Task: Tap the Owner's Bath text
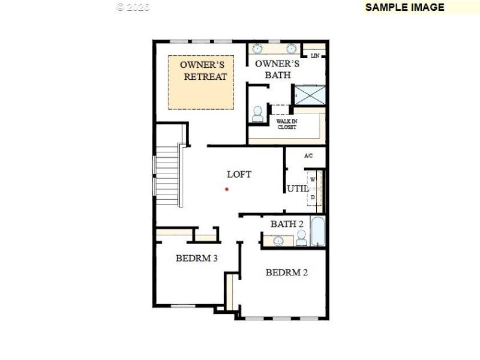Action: pyautogui.click(x=277, y=69)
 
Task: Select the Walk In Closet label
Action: pyautogui.click(x=286, y=124)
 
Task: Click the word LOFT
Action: pyautogui.click(x=239, y=175)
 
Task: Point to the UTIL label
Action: pyautogui.click(x=298, y=188)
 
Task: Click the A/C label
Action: pyautogui.click(x=308, y=156)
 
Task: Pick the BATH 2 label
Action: pyautogui.click(x=287, y=224)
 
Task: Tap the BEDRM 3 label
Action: pyautogui.click(x=196, y=259)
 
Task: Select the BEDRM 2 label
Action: pyautogui.click(x=287, y=272)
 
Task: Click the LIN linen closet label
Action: pyautogui.click(x=315, y=56)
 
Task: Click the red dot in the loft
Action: pyautogui.click(x=227, y=189)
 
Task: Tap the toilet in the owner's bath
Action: pyautogui.click(x=258, y=114)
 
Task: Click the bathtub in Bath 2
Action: pyautogui.click(x=317, y=232)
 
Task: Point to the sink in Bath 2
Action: pyautogui.click(x=278, y=241)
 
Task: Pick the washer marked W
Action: pyautogui.click(x=313, y=179)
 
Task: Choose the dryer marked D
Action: pyautogui.click(x=313, y=197)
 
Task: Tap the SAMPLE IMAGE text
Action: pyautogui.click(x=404, y=7)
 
